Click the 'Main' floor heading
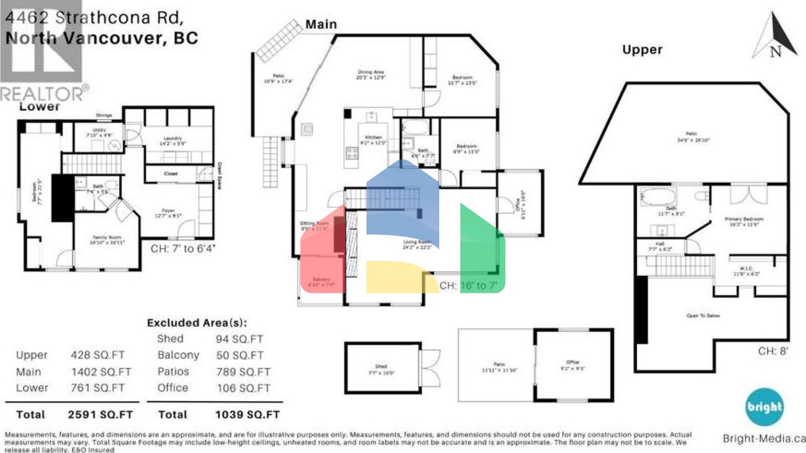click(x=321, y=25)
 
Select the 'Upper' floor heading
click(x=642, y=50)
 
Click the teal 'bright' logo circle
click(x=764, y=407)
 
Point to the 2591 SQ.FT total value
click(x=100, y=415)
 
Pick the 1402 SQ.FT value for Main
click(x=101, y=372)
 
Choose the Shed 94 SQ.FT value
click(x=239, y=339)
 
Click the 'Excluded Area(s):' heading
click(x=197, y=323)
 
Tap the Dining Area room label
click(x=371, y=74)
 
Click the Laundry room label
click(x=173, y=141)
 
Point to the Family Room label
click(x=107, y=240)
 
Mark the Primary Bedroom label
click(x=744, y=221)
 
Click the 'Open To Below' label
click(x=703, y=316)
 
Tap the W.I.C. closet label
click(x=746, y=271)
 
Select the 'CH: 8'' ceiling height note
click(x=772, y=351)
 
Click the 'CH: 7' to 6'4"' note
click(x=183, y=249)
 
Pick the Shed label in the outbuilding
click(x=381, y=369)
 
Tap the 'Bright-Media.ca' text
click(x=763, y=439)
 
